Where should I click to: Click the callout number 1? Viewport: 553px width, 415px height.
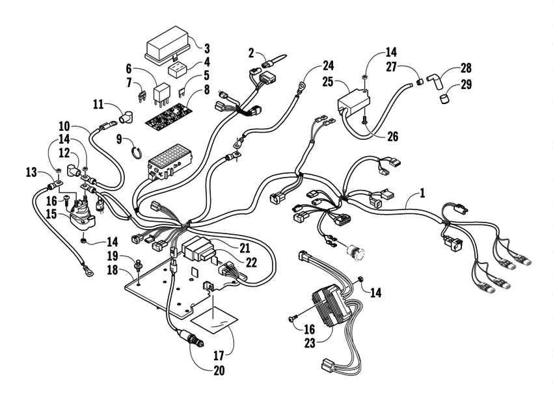coord(422,193)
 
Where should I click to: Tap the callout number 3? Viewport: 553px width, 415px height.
coord(207,47)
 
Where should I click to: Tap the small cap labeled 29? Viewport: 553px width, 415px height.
coord(444,99)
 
